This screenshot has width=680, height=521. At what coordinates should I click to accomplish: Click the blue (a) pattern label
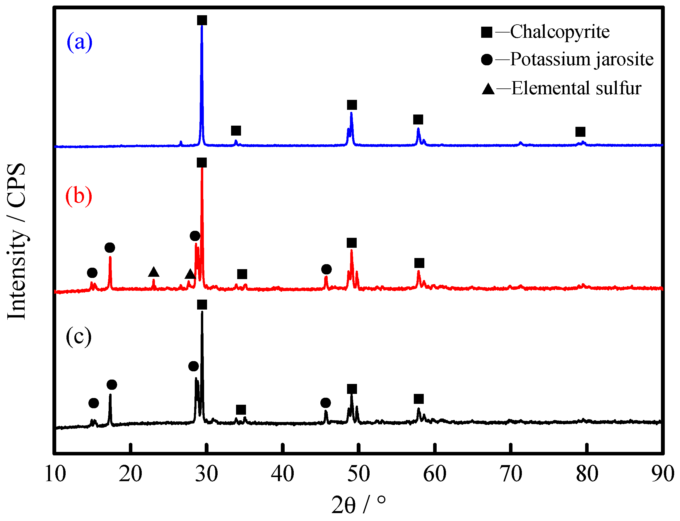[79, 42]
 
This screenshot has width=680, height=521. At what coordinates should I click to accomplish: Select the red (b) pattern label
[79, 196]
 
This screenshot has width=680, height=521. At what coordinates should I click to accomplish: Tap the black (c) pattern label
[79, 336]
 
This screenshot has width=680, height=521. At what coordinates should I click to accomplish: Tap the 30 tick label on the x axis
[206, 474]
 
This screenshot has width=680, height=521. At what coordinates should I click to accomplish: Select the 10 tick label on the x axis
[55, 474]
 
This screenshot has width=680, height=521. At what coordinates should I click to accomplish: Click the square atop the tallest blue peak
[202, 21]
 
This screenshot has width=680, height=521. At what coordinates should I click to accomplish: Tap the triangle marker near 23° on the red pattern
[154, 272]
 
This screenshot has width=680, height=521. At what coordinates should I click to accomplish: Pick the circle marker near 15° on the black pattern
[94, 404]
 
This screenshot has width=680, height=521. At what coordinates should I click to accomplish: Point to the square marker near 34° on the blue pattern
[236, 131]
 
